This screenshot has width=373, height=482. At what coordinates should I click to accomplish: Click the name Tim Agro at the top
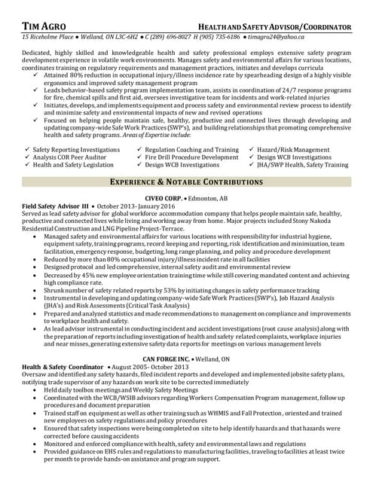(x=43, y=26)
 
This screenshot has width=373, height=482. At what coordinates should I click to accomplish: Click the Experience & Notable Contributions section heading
(x=186, y=182)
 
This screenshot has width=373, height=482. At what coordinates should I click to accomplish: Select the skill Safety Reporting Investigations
(x=76, y=150)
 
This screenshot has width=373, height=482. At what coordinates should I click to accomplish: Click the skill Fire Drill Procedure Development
(x=191, y=157)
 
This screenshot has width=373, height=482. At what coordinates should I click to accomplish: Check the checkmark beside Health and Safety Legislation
(x=28, y=164)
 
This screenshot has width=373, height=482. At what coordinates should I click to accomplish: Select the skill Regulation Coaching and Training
(x=191, y=150)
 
